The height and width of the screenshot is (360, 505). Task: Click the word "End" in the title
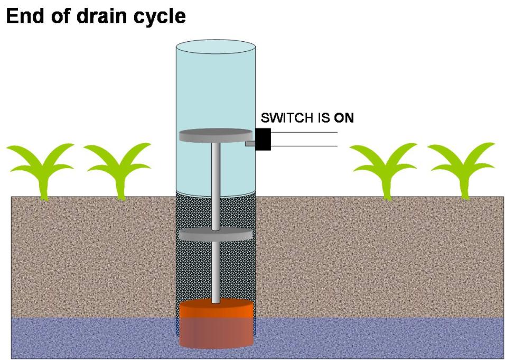tap(24, 16)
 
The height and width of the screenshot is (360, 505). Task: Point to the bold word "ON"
tap(344, 118)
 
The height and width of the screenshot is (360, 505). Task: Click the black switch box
tap(263, 139)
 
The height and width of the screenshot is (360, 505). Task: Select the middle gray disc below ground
tap(215, 235)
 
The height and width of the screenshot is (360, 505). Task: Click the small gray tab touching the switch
tap(250, 143)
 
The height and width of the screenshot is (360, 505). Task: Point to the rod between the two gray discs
tap(216, 185)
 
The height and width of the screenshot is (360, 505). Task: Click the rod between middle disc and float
tap(216, 272)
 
